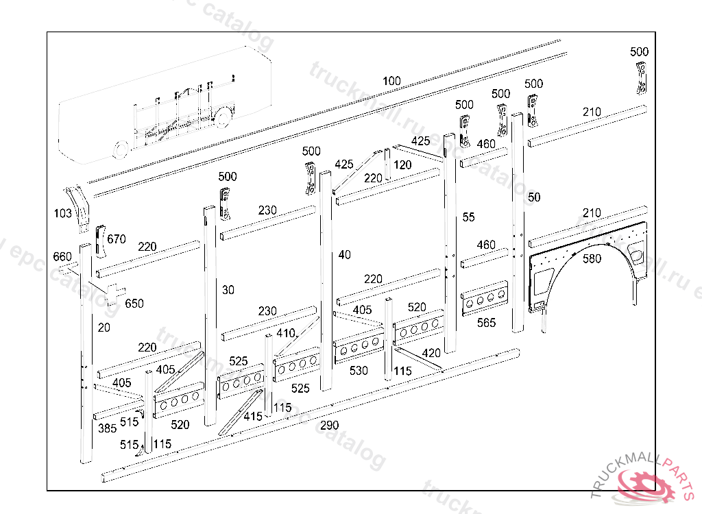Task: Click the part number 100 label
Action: pyautogui.click(x=391, y=82)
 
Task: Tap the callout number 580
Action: pyautogui.click(x=592, y=259)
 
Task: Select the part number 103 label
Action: pyautogui.click(x=62, y=214)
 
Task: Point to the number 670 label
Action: pyautogui.click(x=117, y=239)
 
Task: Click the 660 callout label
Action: pyautogui.click(x=62, y=257)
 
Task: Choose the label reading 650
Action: pyautogui.click(x=134, y=303)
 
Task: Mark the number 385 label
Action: pyautogui.click(x=106, y=429)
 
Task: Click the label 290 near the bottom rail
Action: pyautogui.click(x=330, y=426)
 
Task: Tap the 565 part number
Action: pyautogui.click(x=486, y=322)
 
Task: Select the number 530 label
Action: pyautogui.click(x=359, y=371)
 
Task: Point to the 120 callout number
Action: pyautogui.click(x=402, y=165)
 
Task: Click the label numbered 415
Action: pyautogui.click(x=252, y=416)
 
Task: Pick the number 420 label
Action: pyautogui.click(x=431, y=353)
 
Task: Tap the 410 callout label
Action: pyautogui.click(x=285, y=333)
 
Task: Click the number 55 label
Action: pyautogui.click(x=468, y=217)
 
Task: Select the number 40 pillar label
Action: pyautogui.click(x=344, y=255)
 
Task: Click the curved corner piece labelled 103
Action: pyautogui.click(x=82, y=204)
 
